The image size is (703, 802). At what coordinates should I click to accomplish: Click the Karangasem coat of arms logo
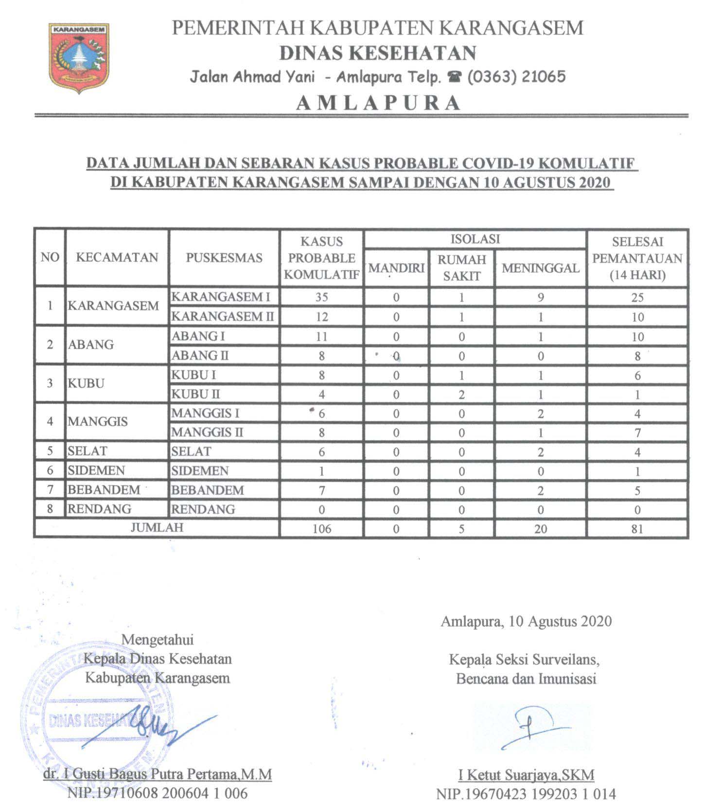tap(79, 58)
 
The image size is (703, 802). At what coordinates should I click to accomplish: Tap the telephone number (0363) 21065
tap(516, 77)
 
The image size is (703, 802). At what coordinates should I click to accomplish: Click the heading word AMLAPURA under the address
tap(378, 103)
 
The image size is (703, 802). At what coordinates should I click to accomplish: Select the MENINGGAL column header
tap(541, 268)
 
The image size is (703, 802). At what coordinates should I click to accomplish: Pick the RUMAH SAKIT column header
tap(461, 268)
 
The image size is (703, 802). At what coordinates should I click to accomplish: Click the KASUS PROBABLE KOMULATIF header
tap(321, 258)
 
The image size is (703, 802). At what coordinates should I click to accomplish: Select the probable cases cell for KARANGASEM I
tap(321, 297)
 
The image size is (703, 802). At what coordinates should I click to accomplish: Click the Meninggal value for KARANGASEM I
tap(541, 297)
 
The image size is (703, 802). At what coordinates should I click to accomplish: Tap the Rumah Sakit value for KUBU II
tap(461, 394)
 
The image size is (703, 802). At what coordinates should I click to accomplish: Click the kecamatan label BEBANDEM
tap(104, 490)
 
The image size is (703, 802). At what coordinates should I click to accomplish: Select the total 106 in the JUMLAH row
tap(321, 528)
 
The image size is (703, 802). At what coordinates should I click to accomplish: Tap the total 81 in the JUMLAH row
tap(637, 528)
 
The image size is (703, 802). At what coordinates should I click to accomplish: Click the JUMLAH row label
tap(157, 528)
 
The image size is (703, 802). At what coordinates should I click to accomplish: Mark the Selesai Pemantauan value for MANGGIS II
tap(637, 433)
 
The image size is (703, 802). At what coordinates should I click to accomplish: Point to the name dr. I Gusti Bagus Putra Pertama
tap(158, 774)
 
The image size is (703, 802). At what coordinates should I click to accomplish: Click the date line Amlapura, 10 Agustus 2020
tap(526, 621)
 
